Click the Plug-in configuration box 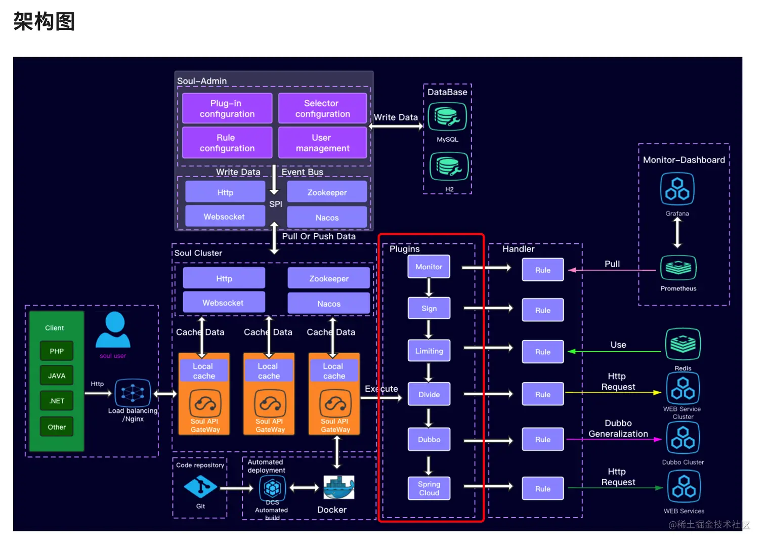point(227,108)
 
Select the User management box point(322,143)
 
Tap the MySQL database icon point(447,117)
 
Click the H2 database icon point(449,166)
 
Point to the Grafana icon point(677,189)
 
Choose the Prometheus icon point(678,268)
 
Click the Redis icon point(683,345)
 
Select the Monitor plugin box point(429,267)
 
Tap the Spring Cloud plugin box point(429,488)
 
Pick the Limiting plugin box point(429,351)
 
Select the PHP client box point(57,351)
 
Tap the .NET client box point(57,401)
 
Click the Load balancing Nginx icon point(133,393)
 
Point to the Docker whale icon point(338,487)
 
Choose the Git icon point(200,487)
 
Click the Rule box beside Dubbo point(542,439)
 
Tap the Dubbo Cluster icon point(683,438)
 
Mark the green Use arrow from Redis point(615,351)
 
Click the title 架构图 point(44,21)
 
